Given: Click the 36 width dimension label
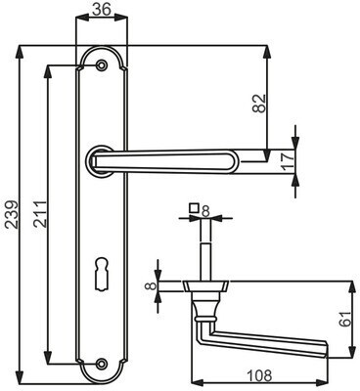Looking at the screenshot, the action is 101,9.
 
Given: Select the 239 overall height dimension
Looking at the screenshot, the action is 12,214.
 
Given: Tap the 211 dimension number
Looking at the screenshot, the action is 41,214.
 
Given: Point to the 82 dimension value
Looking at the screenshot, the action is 259,104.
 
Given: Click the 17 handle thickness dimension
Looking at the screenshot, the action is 288,161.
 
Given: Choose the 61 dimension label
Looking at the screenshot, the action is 345,319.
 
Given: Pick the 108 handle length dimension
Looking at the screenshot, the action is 259,375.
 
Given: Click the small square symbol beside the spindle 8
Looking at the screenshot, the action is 195,207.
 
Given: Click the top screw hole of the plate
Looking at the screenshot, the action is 102,65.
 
